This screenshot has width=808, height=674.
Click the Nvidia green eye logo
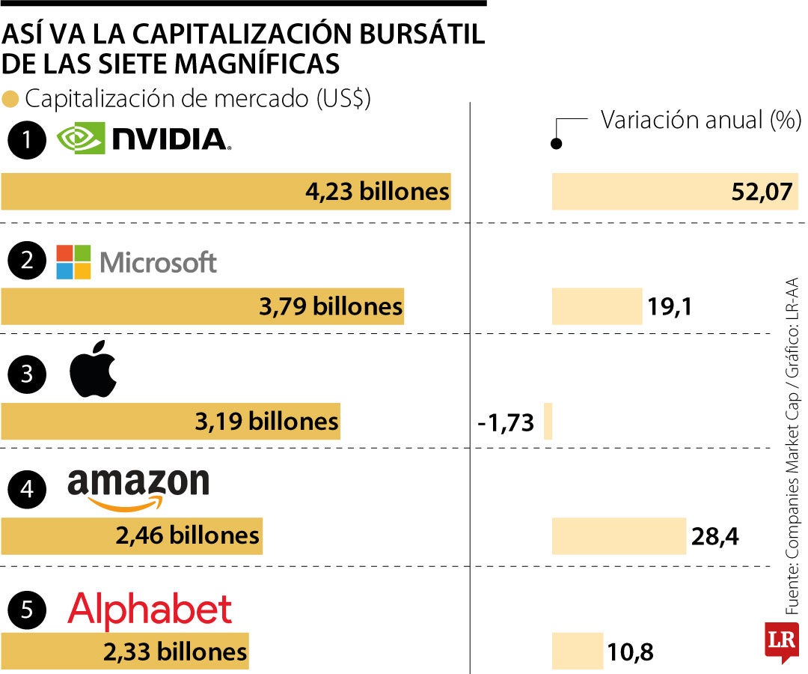point(80,139)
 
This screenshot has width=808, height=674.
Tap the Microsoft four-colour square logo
point(73,262)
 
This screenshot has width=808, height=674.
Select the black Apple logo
point(94,371)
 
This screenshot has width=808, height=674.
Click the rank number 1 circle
point(28,142)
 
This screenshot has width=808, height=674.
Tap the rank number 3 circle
point(28,374)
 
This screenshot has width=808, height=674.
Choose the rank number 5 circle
point(28,610)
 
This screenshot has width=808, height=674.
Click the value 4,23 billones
point(377,192)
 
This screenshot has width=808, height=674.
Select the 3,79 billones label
point(331,306)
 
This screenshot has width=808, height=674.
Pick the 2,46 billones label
point(187,535)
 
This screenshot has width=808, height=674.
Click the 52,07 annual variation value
point(762,192)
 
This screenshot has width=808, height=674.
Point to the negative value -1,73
point(506,422)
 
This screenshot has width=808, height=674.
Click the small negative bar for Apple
point(548,421)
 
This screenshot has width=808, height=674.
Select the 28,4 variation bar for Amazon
point(619,535)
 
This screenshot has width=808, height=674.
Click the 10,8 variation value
point(630,652)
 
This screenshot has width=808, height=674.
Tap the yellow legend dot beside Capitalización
point(10,99)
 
